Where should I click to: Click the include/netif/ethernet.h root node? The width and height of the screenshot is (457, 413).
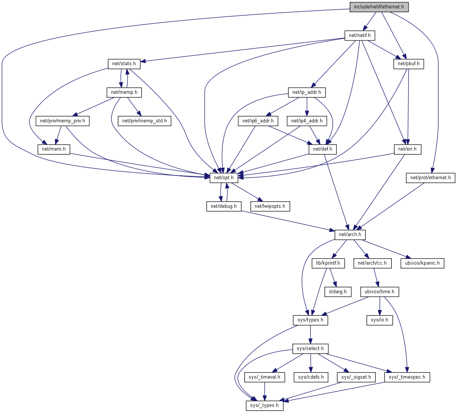click(x=379, y=7)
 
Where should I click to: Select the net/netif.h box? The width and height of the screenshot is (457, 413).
click(x=360, y=35)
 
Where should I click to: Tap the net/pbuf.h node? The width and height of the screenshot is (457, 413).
click(x=409, y=64)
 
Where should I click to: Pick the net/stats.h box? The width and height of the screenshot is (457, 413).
click(x=124, y=64)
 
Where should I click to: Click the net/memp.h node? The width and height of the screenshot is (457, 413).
click(x=124, y=92)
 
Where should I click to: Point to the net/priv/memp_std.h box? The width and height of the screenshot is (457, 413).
click(x=144, y=121)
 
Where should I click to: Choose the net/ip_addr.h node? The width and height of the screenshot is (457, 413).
click(x=307, y=92)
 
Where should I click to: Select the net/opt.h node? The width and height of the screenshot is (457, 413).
click(x=224, y=177)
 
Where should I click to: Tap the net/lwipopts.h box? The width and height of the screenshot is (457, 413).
click(x=270, y=206)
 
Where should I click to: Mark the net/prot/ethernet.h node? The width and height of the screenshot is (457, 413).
click(x=430, y=177)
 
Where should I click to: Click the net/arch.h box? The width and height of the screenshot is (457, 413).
click(x=350, y=235)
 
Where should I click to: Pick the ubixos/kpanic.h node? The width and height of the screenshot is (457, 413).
click(x=422, y=263)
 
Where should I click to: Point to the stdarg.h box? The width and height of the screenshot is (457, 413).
click(x=338, y=292)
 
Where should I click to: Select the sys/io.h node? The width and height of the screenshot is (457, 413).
click(x=379, y=320)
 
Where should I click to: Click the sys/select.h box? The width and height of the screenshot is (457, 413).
click(x=310, y=349)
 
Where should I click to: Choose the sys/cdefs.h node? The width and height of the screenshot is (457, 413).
click(x=311, y=377)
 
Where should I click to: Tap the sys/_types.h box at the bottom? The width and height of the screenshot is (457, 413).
click(x=265, y=405)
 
